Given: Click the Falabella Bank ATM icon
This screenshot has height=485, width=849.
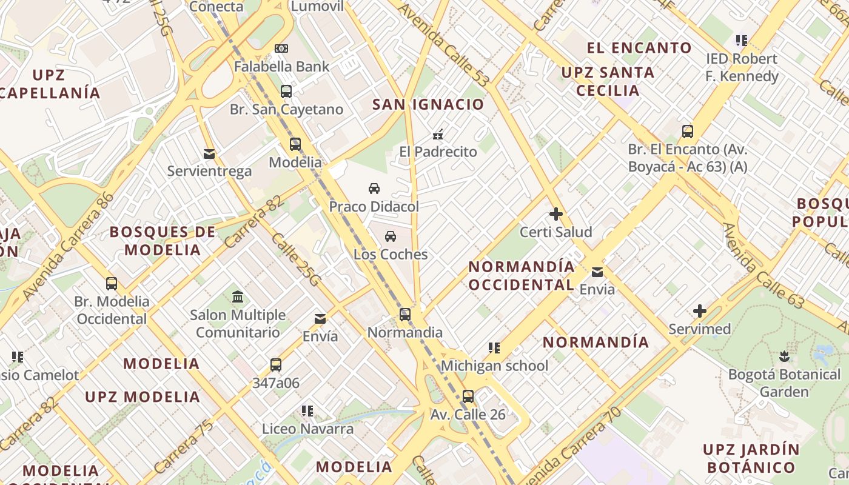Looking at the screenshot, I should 281,48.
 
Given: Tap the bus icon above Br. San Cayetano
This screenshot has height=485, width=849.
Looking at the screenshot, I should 286,92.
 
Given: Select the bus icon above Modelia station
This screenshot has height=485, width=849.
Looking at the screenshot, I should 295,144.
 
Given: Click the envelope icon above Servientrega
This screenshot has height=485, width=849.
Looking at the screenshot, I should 209,153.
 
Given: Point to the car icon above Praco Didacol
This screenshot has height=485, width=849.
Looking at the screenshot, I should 374,189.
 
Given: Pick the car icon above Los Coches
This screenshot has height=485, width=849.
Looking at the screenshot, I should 391,236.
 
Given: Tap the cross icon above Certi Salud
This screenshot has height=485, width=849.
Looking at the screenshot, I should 555,214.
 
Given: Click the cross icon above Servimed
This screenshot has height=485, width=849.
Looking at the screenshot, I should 699,312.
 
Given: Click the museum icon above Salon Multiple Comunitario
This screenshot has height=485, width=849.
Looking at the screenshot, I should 238,297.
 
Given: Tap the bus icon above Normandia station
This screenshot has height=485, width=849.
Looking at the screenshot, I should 404,315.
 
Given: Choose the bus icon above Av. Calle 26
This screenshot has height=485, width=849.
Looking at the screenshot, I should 468,397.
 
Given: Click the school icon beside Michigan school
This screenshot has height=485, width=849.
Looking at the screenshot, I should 494,348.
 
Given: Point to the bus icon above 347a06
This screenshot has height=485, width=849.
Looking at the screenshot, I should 276,365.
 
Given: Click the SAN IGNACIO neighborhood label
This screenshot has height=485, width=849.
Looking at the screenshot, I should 428,104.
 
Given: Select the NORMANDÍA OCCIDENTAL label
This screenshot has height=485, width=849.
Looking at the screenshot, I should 522,276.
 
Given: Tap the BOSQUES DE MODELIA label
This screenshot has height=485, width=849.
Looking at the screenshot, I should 163,241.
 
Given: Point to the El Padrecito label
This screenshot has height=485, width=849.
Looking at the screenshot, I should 438,152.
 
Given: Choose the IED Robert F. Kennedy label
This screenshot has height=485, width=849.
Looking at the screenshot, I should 742,67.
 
